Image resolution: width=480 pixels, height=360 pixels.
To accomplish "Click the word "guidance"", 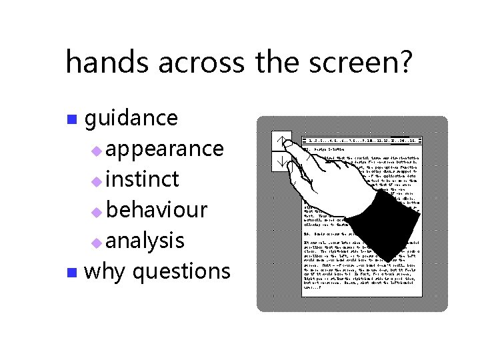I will click(131, 118).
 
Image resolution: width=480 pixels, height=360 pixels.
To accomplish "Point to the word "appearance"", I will click(164, 148).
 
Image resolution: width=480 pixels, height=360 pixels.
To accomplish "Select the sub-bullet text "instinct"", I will click(142, 179).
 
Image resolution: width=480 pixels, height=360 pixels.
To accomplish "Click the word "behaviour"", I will click(156, 209).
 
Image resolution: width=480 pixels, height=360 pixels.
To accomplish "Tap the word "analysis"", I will click(145, 240).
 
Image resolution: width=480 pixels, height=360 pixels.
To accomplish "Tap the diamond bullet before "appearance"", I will click(97, 151).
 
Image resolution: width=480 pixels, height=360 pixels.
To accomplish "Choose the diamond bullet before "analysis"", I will click(97, 243).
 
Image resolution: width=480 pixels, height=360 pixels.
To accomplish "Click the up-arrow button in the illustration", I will click(282, 141).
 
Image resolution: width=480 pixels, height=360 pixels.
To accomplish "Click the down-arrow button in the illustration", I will click(282, 162).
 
